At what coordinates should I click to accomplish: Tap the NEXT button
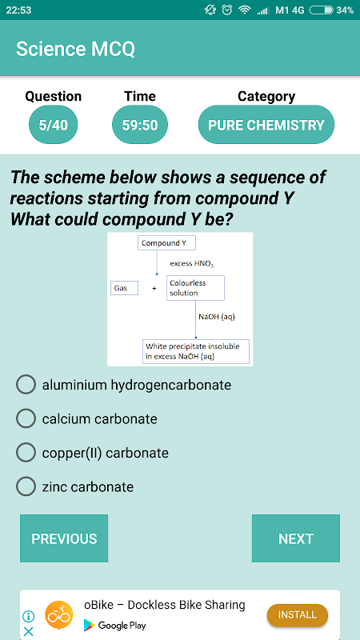[295, 538]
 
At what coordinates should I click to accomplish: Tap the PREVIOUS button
[64, 538]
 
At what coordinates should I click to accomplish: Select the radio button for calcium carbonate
[26, 418]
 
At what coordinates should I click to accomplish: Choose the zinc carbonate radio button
[26, 486]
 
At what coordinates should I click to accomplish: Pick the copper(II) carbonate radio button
[26, 453]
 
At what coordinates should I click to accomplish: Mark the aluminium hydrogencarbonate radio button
[26, 385]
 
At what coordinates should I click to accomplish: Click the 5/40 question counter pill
[53, 125]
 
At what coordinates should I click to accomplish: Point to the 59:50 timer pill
[140, 125]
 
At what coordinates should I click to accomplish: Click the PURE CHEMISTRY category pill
[266, 125]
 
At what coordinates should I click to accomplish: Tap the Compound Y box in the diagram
[167, 243]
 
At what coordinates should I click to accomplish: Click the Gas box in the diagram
[125, 288]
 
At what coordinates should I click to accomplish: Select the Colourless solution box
[195, 288]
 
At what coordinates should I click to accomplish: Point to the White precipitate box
[195, 351]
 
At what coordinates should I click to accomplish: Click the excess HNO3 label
[192, 264]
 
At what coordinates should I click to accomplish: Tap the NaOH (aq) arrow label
[217, 316]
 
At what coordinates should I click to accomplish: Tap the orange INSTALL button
[298, 615]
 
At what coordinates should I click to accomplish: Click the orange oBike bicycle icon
[59, 614]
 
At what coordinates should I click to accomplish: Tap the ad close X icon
[29, 631]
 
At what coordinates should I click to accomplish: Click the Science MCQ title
[75, 49]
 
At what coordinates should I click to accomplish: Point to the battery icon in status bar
[322, 10]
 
